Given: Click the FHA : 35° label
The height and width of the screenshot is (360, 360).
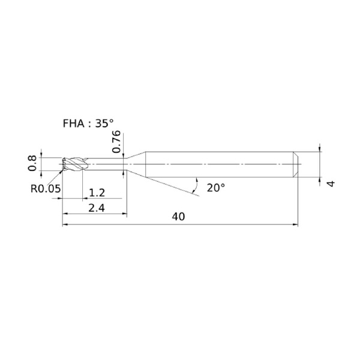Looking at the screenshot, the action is click(88, 124).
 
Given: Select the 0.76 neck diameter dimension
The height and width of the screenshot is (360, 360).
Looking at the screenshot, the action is click(116, 142).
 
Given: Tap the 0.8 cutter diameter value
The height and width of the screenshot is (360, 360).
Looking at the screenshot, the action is click(32, 163).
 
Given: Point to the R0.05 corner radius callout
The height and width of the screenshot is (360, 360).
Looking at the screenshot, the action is click(46, 189).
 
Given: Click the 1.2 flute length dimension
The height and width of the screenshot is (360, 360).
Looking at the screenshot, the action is click(97, 193).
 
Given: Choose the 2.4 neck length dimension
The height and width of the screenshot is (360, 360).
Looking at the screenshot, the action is click(97, 208).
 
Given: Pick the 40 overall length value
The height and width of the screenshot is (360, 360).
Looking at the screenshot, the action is click(178, 217).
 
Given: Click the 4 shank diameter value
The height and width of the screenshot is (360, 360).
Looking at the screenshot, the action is click(331, 184).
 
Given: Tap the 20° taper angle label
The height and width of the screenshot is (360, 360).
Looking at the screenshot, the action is click(216, 188).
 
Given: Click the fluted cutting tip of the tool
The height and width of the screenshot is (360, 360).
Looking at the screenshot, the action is click(74, 164).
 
